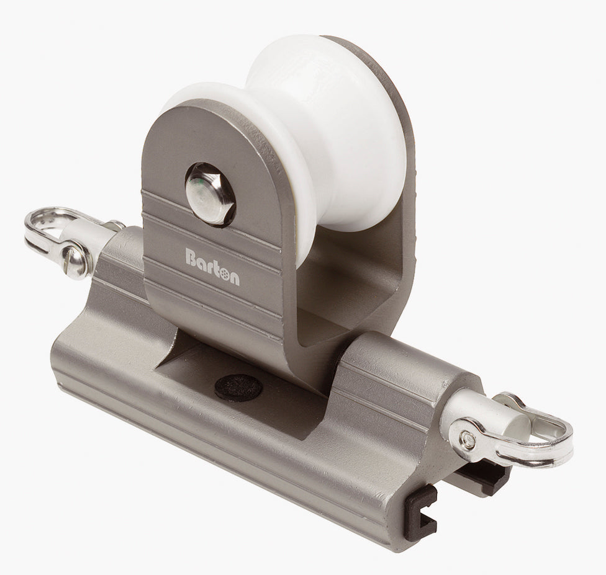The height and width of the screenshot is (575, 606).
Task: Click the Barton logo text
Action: pos(212,257)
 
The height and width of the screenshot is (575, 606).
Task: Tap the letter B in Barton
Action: pos(190,256)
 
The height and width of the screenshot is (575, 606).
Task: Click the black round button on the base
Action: pos(238,388)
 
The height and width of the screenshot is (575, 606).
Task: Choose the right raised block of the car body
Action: pos(397,385)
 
